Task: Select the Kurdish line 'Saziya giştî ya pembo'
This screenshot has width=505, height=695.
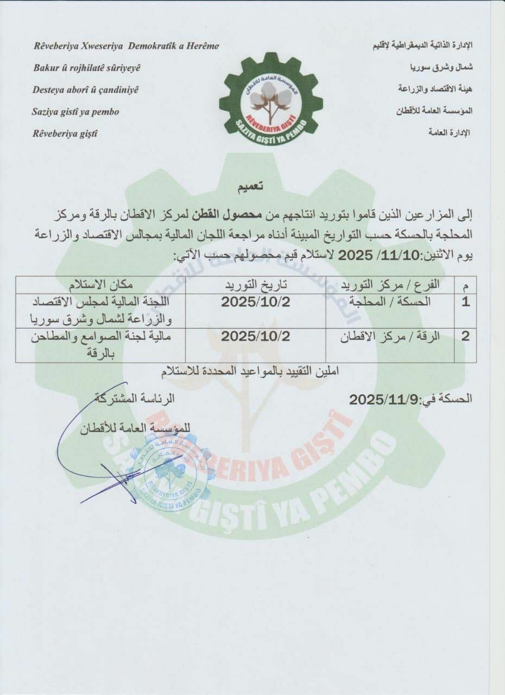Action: [75, 112]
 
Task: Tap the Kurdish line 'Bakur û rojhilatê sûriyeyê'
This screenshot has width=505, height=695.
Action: [87, 68]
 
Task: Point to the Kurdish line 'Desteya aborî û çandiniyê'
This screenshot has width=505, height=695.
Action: [85, 90]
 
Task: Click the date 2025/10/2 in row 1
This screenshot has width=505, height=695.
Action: [255, 302]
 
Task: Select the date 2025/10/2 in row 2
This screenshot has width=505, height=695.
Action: [255, 336]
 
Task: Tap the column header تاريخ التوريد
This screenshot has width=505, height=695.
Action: [256, 285]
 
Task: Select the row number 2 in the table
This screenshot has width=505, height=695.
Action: [465, 336]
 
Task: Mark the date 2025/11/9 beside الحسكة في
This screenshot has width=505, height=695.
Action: [380, 400]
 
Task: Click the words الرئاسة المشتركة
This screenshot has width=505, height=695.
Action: [135, 398]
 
